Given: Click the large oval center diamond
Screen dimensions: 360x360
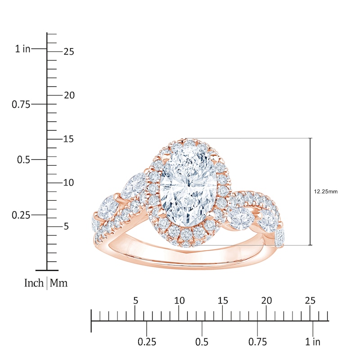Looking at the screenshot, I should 189,186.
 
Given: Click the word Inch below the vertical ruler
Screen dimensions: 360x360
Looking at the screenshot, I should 34,283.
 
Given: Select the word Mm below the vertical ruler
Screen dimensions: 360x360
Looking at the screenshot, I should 58,283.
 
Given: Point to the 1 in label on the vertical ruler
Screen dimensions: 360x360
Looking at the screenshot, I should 22,49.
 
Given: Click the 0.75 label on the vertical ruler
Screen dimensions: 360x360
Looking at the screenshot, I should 20,104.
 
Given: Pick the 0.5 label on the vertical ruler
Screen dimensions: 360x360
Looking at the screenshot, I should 22,160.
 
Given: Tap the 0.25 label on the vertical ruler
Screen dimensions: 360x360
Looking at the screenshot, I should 20,215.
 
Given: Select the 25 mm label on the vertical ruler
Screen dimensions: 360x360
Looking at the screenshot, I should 68,52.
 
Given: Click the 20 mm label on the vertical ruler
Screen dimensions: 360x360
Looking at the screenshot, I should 68,95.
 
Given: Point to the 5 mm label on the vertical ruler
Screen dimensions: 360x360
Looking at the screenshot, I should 66,226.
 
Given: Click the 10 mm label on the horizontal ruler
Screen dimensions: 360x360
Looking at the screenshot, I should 179,301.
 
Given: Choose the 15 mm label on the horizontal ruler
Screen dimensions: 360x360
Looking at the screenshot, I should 223,301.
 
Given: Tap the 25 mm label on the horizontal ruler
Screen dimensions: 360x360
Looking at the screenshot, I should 310,301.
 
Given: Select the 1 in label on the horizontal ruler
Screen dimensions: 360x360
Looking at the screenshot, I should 312,342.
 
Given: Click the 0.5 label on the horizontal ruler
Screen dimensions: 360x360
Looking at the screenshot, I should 202,342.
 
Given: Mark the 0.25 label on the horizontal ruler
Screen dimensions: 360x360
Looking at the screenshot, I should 147,342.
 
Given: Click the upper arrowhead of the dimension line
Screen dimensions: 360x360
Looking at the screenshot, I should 310,140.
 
